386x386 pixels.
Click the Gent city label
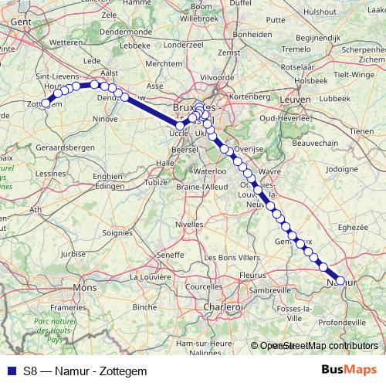coord(20,23)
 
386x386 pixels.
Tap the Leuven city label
coord(297,100)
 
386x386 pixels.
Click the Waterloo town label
coord(208,171)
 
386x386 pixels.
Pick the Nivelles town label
coord(190,224)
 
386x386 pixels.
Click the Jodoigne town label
coord(343,168)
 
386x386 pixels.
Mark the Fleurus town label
coord(253,274)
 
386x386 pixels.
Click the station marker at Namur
coord(341,281)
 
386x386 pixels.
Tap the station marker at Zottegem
coord(46,103)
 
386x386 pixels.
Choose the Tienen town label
coord(362,131)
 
